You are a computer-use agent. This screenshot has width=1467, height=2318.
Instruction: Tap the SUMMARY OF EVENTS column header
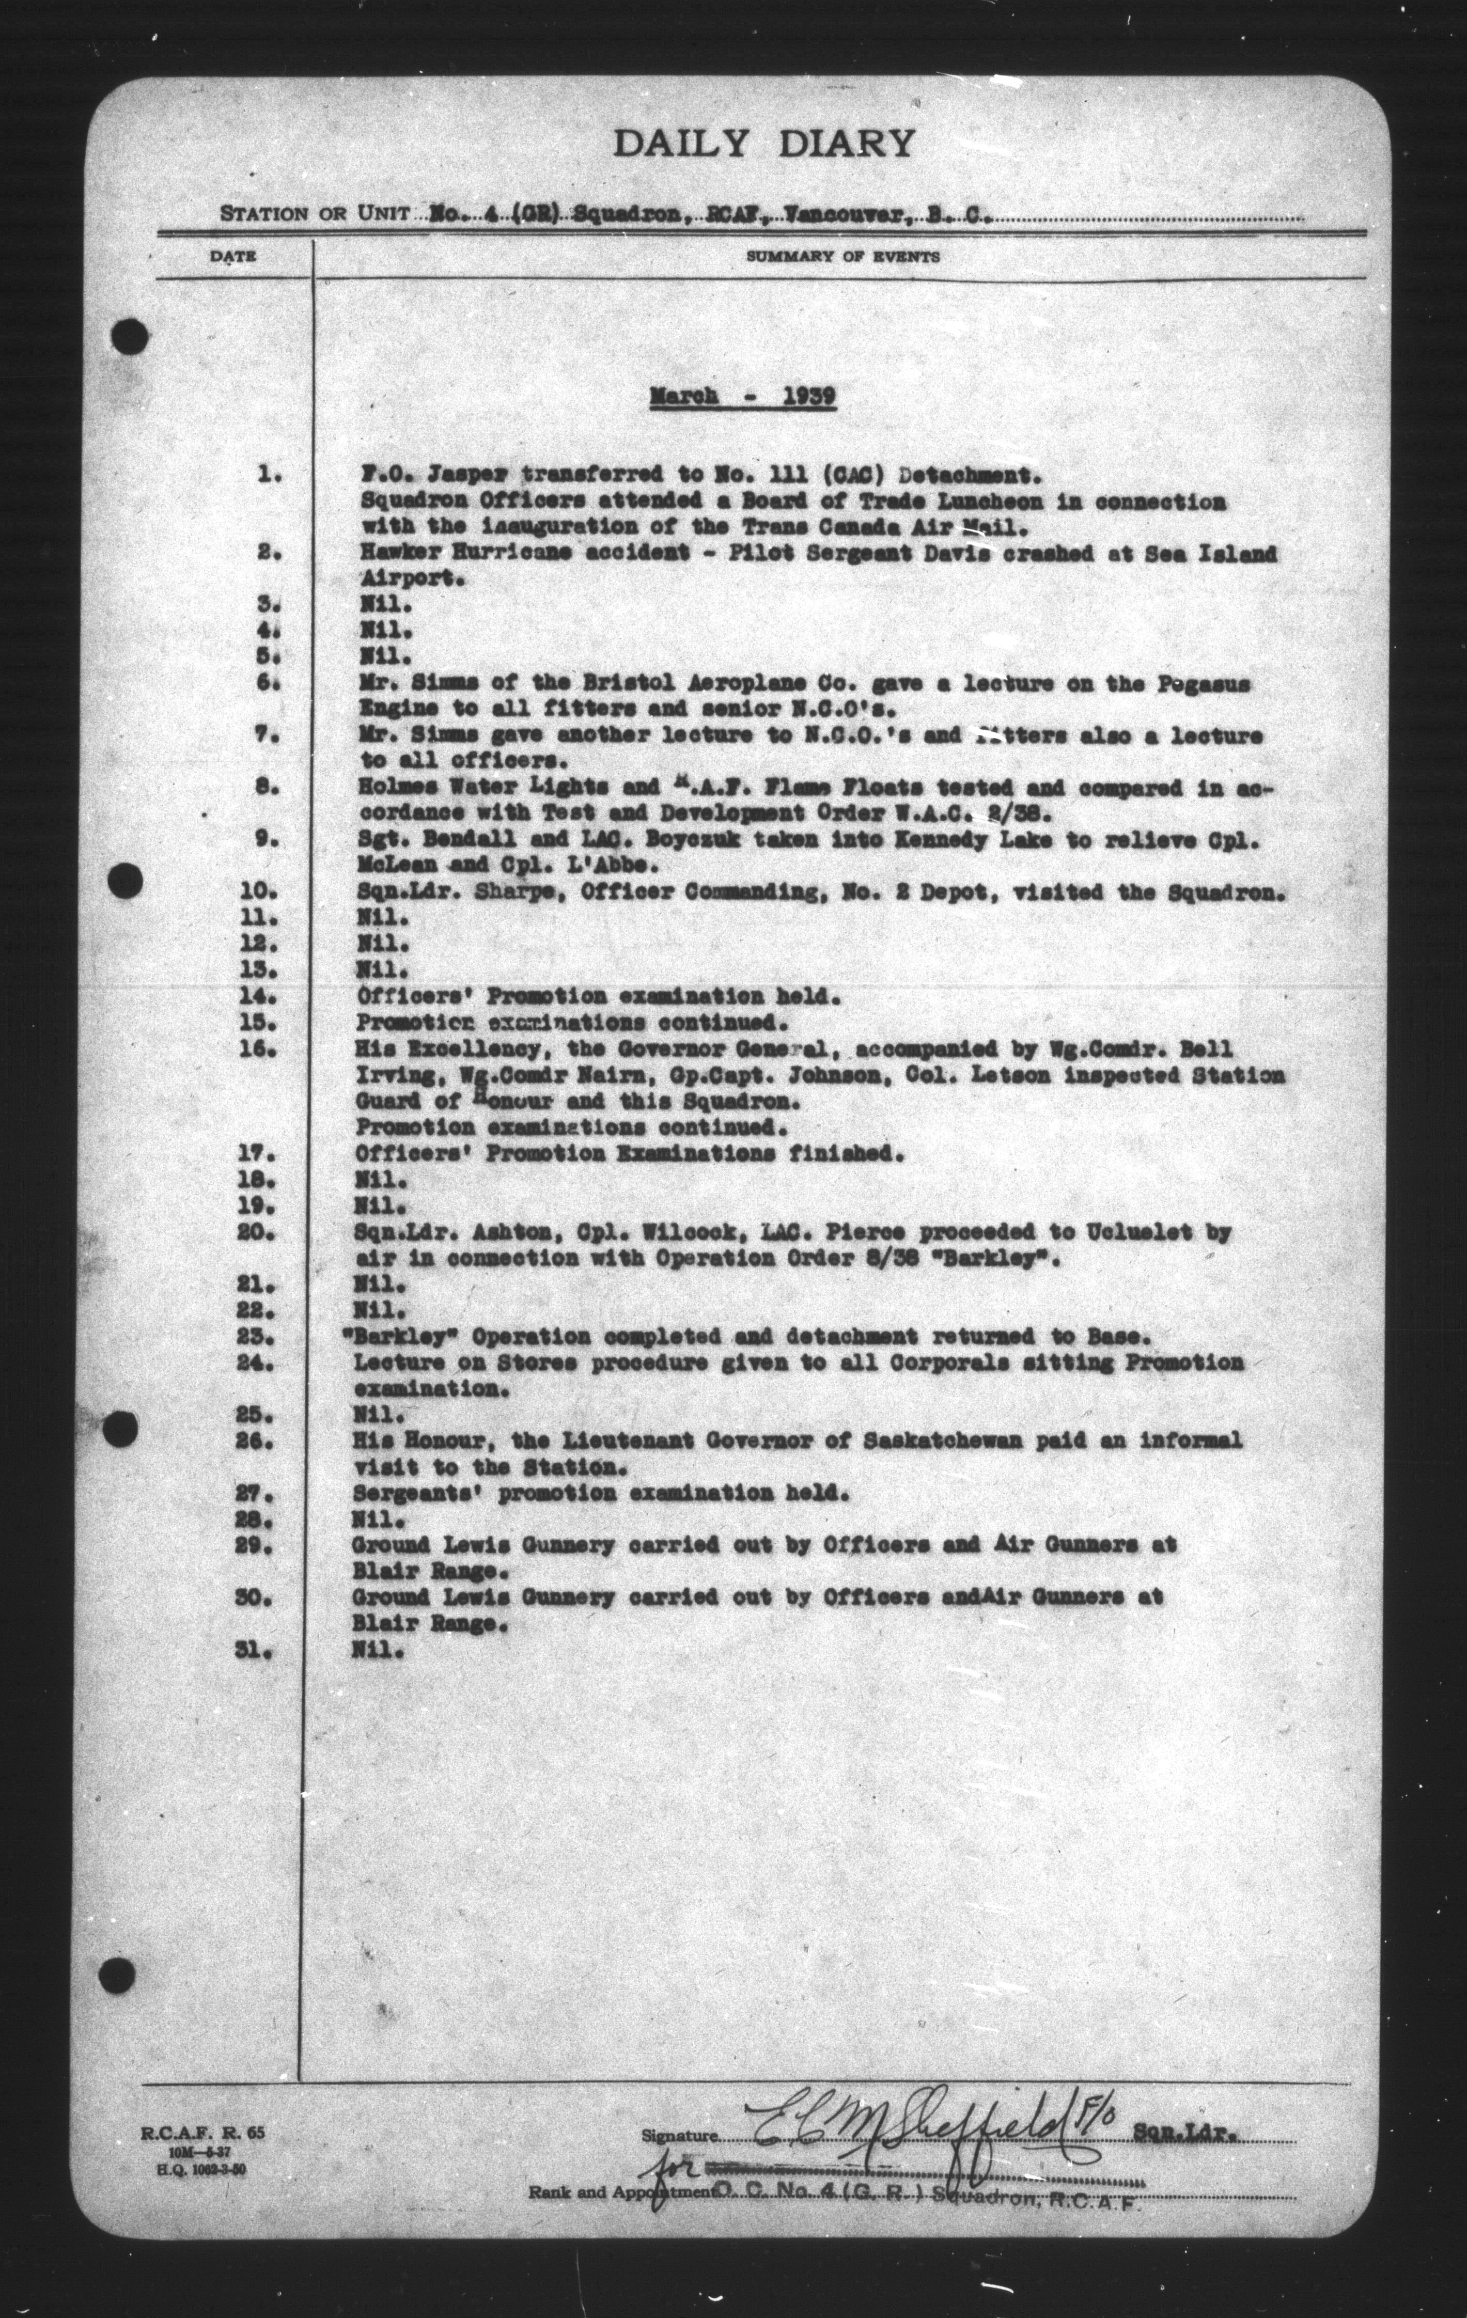(x=842, y=257)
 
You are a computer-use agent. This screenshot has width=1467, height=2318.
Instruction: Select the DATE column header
(x=234, y=257)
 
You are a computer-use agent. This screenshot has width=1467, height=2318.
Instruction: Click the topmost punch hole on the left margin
(x=130, y=336)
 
